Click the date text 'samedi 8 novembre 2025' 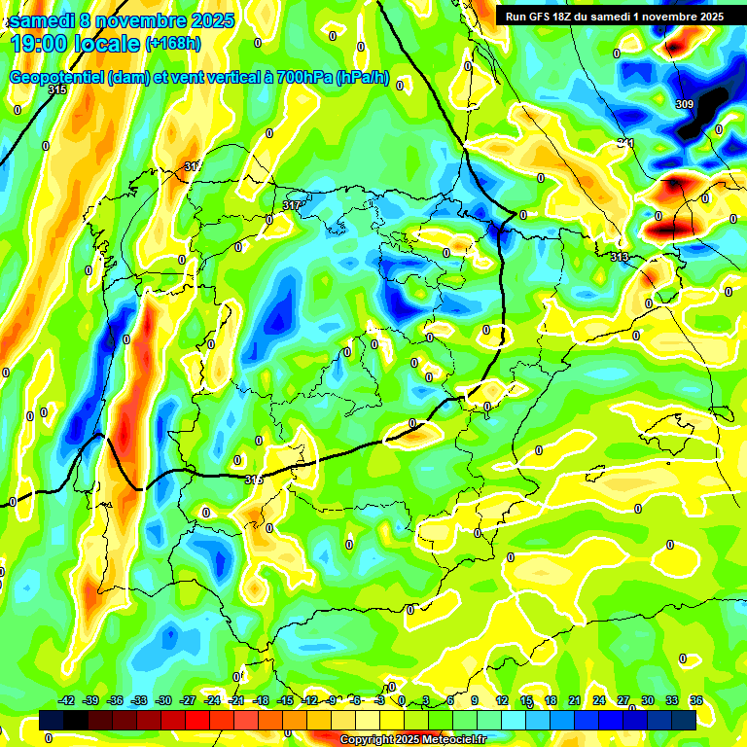coord(122,19)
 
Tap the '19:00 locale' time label coord(74,43)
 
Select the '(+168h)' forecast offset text coord(173,43)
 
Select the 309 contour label coord(684,104)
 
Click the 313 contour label coord(619,257)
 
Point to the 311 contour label coord(625,144)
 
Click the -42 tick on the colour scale coord(67,700)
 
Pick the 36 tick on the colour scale coord(695,700)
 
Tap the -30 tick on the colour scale coord(163,700)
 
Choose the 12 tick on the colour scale coord(502,700)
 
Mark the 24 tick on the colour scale coord(599,700)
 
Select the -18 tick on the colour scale coord(261,700)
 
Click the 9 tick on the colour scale coord(475,700)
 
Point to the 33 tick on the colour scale coord(671,700)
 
